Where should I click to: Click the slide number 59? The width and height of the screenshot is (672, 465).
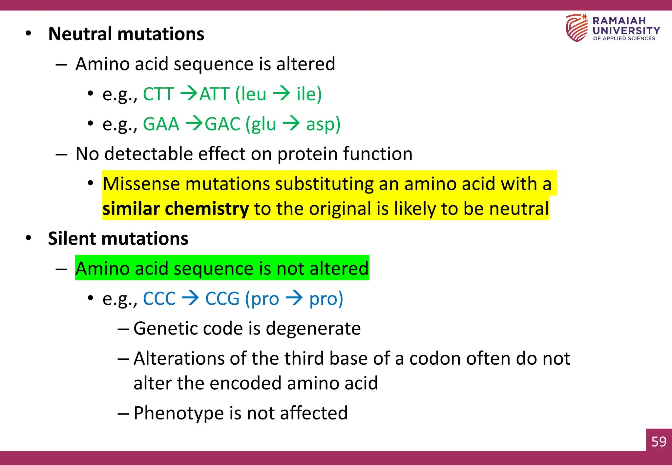(x=659, y=441)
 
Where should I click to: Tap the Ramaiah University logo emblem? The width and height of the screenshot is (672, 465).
(x=577, y=28)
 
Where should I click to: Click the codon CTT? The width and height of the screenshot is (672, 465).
(x=158, y=94)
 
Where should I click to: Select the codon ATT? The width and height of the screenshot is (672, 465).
(x=214, y=94)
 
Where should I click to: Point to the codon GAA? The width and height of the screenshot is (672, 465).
(x=161, y=124)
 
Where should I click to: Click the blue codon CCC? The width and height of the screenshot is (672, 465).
(x=159, y=299)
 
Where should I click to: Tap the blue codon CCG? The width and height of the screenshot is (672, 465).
(x=222, y=299)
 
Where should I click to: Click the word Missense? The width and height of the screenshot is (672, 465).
(x=141, y=184)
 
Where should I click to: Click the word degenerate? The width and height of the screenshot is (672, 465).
(x=313, y=329)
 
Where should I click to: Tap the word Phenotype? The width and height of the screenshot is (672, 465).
(x=178, y=413)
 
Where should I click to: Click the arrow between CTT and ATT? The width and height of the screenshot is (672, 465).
(x=189, y=93)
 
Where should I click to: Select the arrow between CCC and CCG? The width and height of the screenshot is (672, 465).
(x=190, y=298)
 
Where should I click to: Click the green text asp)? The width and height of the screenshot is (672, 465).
(x=323, y=125)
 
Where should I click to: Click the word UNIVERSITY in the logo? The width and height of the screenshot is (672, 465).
(x=626, y=31)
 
